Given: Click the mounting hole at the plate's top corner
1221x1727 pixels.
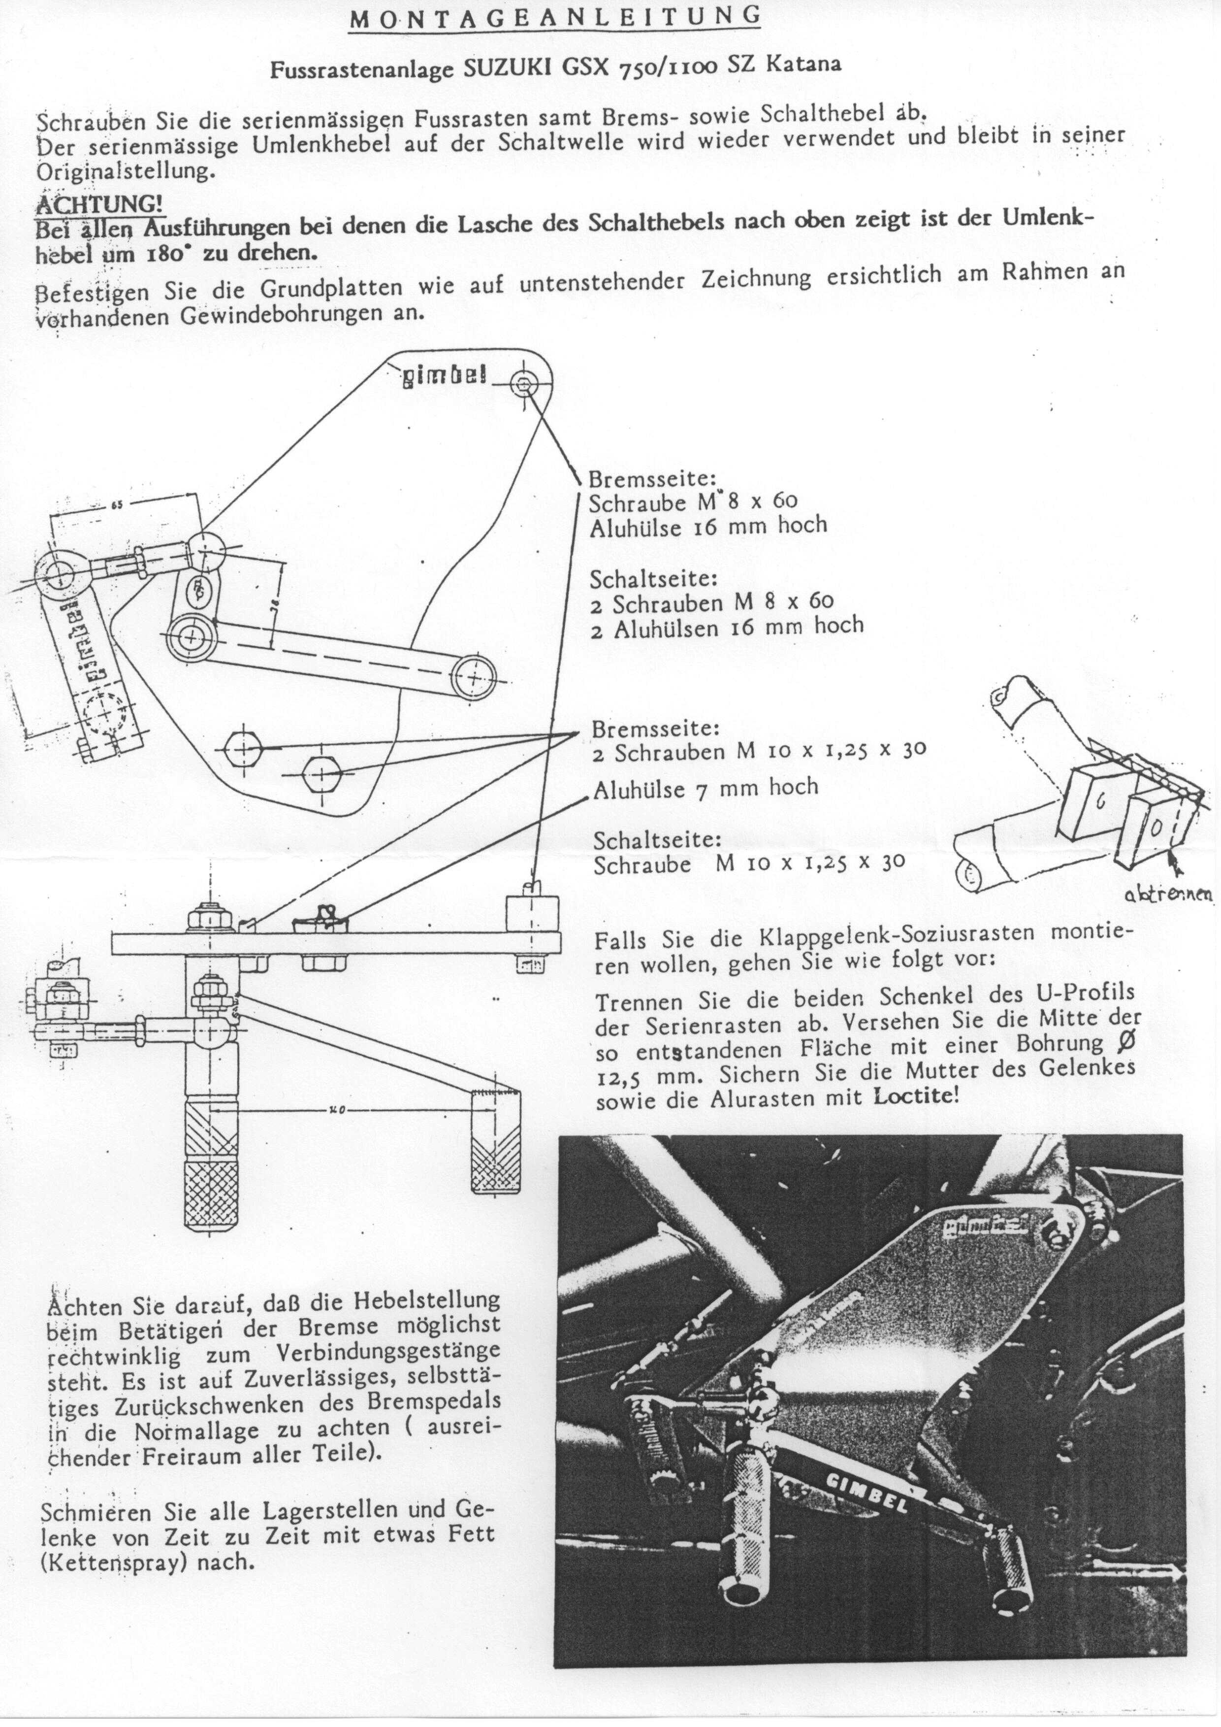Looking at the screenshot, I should tap(523, 385).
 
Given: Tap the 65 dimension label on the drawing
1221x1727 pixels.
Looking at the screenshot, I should tap(117, 504).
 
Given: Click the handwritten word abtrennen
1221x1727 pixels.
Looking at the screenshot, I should tap(1168, 894).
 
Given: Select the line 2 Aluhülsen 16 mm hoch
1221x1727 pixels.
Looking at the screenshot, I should tap(726, 627).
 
